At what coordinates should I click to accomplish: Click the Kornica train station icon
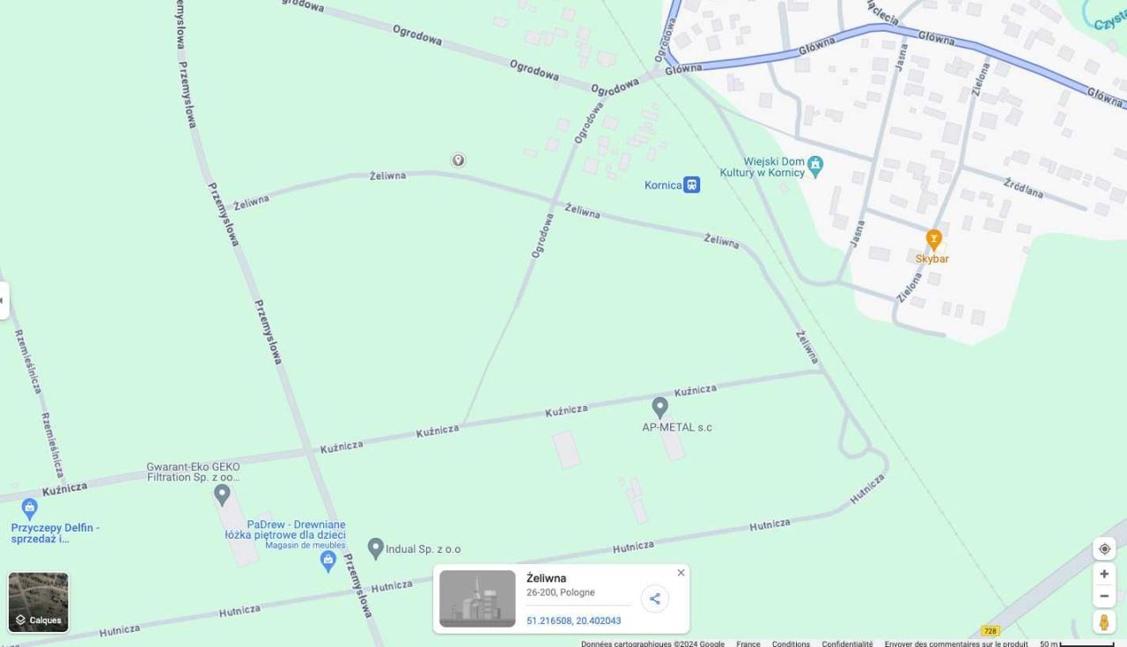tap(692, 185)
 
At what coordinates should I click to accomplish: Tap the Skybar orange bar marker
tap(933, 239)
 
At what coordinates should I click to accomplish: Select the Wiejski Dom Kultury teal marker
tap(815, 165)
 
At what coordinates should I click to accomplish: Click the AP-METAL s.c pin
tap(659, 407)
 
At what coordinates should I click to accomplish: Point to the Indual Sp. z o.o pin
tap(376, 548)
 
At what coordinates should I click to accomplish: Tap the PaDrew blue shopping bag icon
tap(328, 560)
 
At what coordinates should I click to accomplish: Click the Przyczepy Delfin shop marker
tap(30, 508)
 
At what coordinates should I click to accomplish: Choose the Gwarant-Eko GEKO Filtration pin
tap(222, 494)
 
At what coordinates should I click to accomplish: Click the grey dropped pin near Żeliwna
tap(458, 160)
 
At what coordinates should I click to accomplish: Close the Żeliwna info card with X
tap(681, 573)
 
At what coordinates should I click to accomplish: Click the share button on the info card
tap(654, 599)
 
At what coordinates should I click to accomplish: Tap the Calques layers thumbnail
tap(39, 602)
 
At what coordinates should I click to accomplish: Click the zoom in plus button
tap(1104, 574)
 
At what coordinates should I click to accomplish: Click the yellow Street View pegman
tap(1104, 621)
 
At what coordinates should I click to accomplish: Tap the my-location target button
tap(1104, 549)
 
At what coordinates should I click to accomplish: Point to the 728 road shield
tap(991, 631)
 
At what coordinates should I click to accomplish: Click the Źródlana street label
tap(1024, 188)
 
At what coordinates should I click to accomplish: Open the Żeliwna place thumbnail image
tap(477, 599)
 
